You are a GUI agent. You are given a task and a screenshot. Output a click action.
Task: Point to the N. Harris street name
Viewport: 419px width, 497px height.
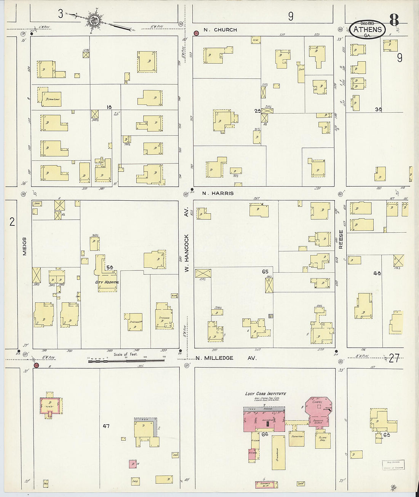click(x=218, y=193)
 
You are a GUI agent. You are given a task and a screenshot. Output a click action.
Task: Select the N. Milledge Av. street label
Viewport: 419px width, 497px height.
click(x=226, y=358)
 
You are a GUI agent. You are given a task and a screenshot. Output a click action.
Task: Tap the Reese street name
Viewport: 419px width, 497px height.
click(x=341, y=239)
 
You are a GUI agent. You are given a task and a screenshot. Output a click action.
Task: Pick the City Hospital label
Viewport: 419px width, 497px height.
click(x=107, y=282)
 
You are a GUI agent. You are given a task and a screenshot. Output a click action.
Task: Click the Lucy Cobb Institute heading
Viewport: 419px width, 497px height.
click(x=265, y=394)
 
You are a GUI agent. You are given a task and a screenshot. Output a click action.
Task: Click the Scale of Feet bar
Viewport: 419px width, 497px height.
click(x=126, y=360)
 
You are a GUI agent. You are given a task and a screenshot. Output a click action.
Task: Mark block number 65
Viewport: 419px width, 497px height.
click(x=265, y=272)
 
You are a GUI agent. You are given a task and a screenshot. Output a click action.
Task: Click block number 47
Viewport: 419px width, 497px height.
click(x=106, y=426)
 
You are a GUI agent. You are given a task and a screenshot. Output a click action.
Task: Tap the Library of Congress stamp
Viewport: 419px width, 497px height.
click(x=393, y=465)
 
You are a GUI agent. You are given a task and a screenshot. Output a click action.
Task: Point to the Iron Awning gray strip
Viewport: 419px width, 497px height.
click(x=264, y=408)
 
